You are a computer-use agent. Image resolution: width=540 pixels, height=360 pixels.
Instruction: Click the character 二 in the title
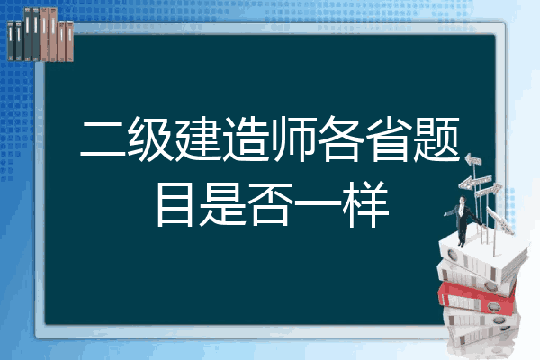[103, 139]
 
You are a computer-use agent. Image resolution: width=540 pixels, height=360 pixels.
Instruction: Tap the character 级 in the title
[150, 139]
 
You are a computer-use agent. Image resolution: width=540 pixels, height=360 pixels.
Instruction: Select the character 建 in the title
[198, 139]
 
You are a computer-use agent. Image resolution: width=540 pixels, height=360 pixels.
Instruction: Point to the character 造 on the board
[246, 139]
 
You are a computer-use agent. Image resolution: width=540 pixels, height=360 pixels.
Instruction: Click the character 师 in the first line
[293, 139]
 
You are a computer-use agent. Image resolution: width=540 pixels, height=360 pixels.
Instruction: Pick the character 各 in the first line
[341, 139]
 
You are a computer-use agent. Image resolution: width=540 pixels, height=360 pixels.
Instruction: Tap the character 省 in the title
[389, 139]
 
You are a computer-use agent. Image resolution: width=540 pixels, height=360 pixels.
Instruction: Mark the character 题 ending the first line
[436, 139]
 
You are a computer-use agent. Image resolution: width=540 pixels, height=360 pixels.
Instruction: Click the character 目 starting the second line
[175, 204]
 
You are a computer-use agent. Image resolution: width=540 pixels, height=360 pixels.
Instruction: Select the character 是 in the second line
[221, 204]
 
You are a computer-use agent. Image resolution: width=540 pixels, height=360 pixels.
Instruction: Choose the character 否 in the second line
[270, 204]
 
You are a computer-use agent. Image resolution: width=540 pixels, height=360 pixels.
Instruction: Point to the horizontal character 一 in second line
[318, 204]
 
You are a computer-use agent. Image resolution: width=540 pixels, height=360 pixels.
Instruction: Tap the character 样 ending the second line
[365, 204]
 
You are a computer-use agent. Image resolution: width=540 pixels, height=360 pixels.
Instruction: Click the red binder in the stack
[477, 298]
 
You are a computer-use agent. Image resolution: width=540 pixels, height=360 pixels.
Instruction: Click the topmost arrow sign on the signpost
[473, 159]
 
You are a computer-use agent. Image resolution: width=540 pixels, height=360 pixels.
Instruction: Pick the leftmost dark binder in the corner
[11, 40]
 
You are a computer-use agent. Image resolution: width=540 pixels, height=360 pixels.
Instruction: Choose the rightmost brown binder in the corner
[69, 41]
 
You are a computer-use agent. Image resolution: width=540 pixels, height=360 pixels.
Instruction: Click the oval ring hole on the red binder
[493, 306]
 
